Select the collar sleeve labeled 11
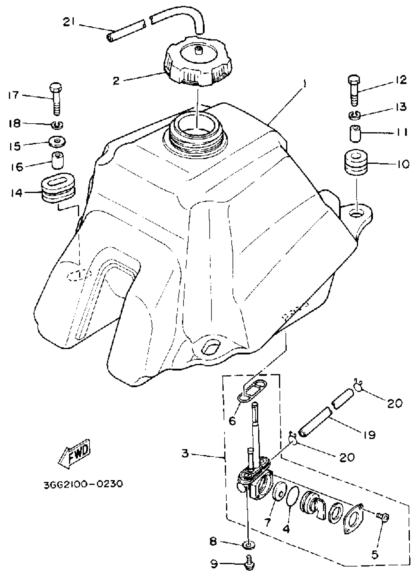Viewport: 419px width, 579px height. tap(355, 133)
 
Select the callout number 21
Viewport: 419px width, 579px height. tap(69, 23)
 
